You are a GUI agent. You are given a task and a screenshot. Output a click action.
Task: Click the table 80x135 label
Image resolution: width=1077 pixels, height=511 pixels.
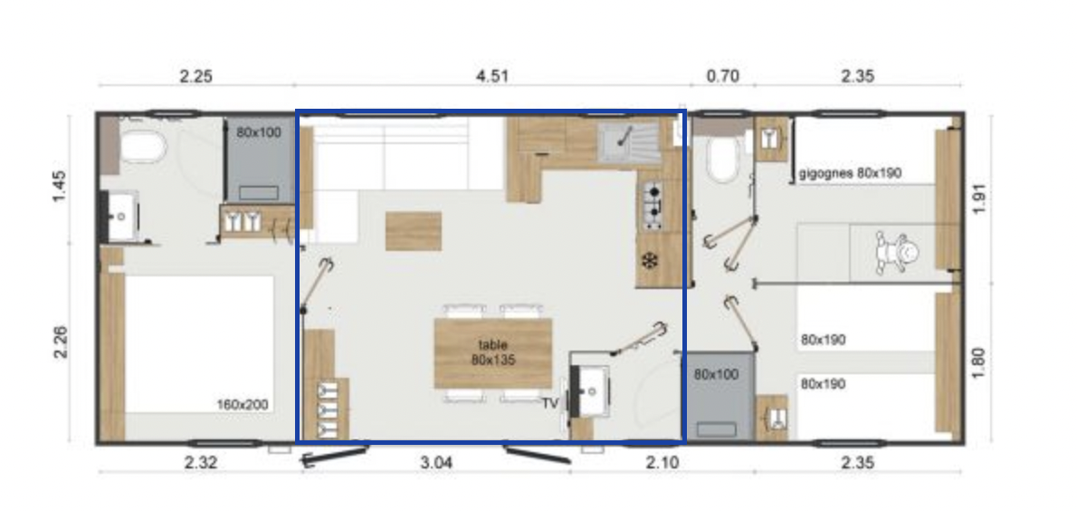tap(493, 352)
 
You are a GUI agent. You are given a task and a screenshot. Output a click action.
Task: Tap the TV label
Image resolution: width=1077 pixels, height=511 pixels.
tap(550, 404)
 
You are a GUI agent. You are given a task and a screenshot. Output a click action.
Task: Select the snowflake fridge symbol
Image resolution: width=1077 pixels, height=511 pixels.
tap(648, 261)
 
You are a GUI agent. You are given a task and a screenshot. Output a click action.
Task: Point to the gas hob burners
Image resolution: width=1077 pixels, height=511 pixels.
tap(652, 207)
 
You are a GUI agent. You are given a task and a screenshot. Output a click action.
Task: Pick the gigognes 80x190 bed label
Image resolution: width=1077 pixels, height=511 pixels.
tap(850, 173)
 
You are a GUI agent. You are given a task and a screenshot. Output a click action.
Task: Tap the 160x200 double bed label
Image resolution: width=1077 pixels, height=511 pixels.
tap(243, 404)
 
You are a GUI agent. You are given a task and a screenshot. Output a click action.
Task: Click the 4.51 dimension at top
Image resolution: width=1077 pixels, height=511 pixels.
tap(492, 75)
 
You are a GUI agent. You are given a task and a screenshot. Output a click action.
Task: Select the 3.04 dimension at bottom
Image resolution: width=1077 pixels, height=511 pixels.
tap(436, 462)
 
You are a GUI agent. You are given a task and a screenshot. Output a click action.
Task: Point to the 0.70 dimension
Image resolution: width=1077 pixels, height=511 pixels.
tap(722, 75)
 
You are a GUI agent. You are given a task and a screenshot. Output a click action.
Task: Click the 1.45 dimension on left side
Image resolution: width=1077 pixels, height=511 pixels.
tap(60, 186)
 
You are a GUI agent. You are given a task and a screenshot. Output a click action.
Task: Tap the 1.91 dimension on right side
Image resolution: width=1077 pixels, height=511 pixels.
tap(978, 198)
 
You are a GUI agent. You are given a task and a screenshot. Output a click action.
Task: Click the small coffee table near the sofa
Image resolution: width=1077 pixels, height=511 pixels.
tap(414, 231)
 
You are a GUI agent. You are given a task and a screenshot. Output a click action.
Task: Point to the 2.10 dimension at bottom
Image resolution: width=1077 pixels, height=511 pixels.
tap(662, 462)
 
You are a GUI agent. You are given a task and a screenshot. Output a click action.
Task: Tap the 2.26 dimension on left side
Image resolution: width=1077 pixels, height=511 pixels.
tap(60, 342)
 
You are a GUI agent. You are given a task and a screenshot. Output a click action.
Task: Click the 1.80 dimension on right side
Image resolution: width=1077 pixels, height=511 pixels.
tap(978, 362)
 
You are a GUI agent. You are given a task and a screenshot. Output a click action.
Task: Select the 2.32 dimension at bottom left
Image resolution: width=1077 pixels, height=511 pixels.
tap(201, 462)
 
